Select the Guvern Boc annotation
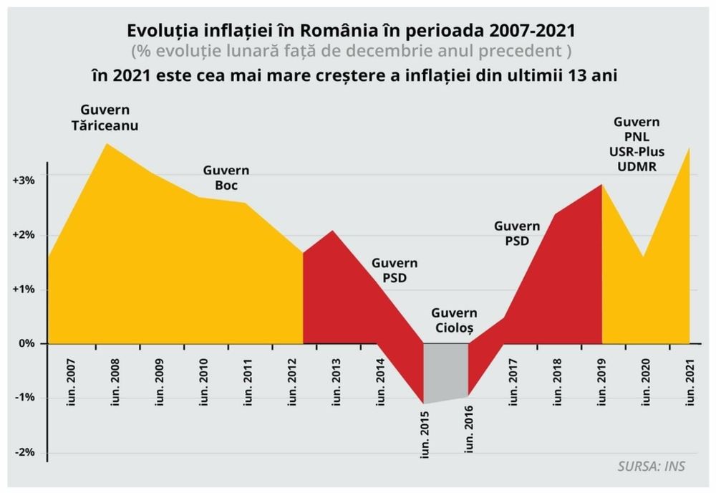[x=226, y=178]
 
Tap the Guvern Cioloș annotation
[x=455, y=320]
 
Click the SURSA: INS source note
[x=651, y=466]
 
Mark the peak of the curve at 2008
[x=107, y=144]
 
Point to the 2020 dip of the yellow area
[x=644, y=257]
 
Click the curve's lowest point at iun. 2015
[x=424, y=403]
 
